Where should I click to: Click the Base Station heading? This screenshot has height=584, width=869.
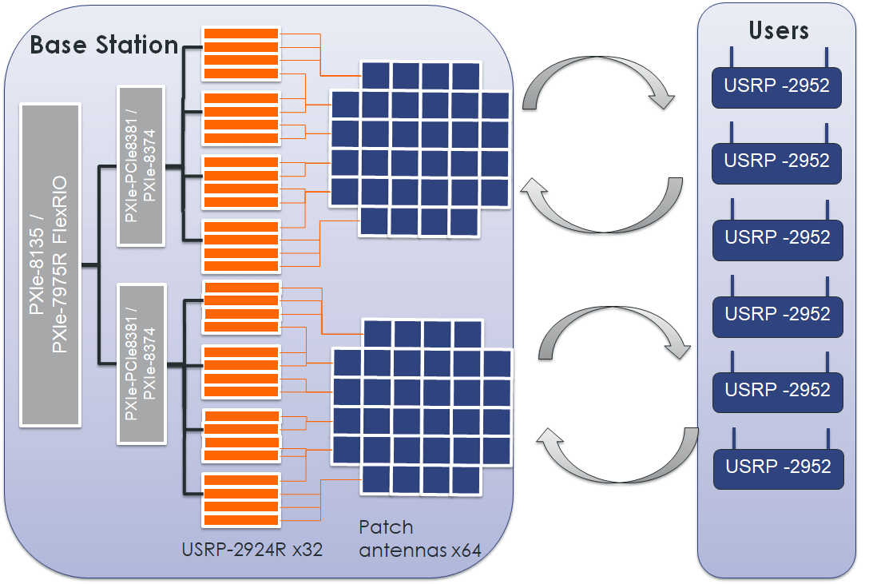pos(104,45)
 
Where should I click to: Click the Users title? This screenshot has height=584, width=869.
pos(778,30)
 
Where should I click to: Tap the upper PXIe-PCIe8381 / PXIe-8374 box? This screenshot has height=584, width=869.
pos(141,165)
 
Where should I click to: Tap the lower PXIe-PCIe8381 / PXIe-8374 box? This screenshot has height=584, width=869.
pos(141,363)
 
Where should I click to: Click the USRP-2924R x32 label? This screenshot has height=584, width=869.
pos(252,549)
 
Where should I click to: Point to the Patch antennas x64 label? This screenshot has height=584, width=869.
pos(420,538)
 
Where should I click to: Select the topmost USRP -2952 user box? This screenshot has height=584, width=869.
pos(776,85)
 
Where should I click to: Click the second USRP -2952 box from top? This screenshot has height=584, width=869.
pos(776,161)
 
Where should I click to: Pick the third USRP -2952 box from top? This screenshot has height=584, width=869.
pos(777,237)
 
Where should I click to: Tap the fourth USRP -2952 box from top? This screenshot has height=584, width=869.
pos(777,314)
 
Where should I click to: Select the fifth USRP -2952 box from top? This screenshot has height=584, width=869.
pos(777,390)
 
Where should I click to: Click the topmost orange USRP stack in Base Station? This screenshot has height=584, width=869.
pos(240,54)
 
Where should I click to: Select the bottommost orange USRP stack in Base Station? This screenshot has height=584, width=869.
pos(240,499)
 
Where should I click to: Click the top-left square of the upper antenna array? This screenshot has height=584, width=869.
pos(375,76)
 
